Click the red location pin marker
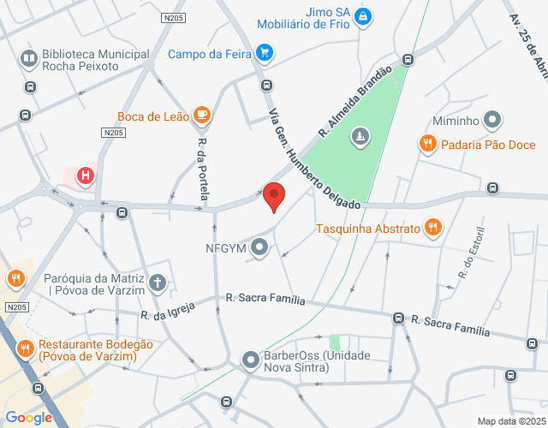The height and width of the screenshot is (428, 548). (x=274, y=196)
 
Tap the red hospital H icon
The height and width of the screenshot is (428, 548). (x=86, y=177)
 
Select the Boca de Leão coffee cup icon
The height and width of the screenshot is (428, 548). (x=202, y=114)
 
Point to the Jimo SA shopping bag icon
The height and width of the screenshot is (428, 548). (x=363, y=16)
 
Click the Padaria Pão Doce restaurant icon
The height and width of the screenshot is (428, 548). (x=428, y=144)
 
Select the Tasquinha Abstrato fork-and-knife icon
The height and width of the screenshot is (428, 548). (x=434, y=228)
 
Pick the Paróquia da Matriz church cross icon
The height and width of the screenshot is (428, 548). (x=157, y=282)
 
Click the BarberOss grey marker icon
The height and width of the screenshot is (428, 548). (x=250, y=360)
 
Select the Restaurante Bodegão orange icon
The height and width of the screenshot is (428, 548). (x=25, y=348)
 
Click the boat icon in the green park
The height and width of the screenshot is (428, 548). (x=362, y=136)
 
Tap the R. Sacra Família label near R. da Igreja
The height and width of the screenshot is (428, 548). (x=265, y=300)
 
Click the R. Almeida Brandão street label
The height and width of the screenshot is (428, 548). (x=354, y=102)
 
